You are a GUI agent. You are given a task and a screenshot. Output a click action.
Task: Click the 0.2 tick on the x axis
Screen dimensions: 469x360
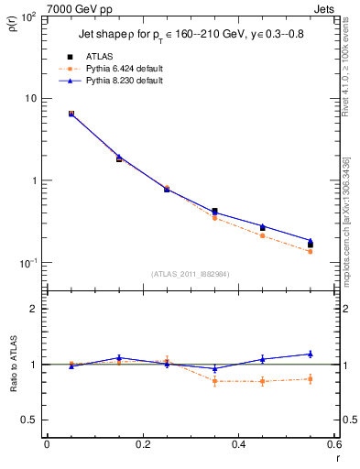pyautogui.click(x=142, y=444)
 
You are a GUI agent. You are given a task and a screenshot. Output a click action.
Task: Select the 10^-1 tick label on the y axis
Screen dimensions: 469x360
pyautogui.click(x=27, y=263)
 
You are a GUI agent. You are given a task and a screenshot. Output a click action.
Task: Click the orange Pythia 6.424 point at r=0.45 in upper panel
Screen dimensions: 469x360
pyautogui.click(x=262, y=235)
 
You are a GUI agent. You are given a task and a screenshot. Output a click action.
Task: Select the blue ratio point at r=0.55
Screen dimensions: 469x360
pyautogui.click(x=311, y=354)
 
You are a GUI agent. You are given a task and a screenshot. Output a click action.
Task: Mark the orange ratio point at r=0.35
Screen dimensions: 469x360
pyautogui.click(x=214, y=381)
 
